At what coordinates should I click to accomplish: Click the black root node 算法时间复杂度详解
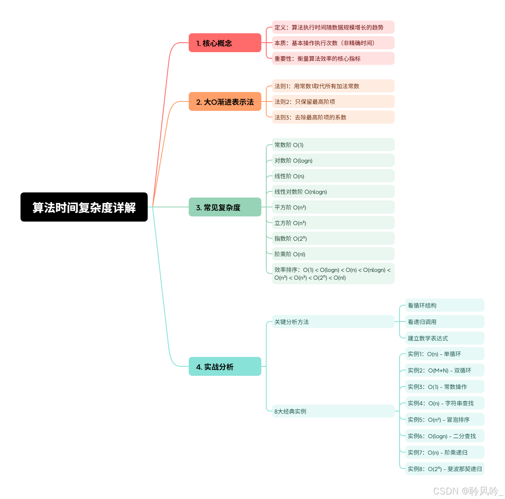pyautogui.click(x=84, y=207)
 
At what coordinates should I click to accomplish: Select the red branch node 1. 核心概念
pyautogui.click(x=225, y=43)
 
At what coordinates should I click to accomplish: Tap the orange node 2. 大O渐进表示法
pyautogui.click(x=225, y=101)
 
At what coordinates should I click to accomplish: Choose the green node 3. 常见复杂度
pyautogui.click(x=225, y=207)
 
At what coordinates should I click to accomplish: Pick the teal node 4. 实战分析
pyautogui.click(x=225, y=366)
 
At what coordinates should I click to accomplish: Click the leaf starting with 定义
pyautogui.click(x=333, y=27)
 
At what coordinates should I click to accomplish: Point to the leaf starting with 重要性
pyautogui.click(x=333, y=58)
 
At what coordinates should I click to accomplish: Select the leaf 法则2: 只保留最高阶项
pyautogui.click(x=333, y=101)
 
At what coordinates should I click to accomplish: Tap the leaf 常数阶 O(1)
pyautogui.click(x=333, y=145)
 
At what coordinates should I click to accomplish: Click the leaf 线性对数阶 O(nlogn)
pyautogui.click(x=333, y=191)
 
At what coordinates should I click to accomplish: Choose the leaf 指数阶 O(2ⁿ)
pyautogui.click(x=333, y=238)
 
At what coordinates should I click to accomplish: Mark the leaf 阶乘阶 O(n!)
pyautogui.click(x=333, y=254)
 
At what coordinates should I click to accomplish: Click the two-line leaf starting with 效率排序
pyautogui.click(x=333, y=274)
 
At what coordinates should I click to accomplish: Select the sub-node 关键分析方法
pyautogui.click(x=333, y=322)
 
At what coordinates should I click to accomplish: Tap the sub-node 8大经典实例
pyautogui.click(x=333, y=411)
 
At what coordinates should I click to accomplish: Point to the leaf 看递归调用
pyautogui.click(x=445, y=322)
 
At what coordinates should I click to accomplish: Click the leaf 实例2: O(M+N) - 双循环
pyautogui.click(x=445, y=370)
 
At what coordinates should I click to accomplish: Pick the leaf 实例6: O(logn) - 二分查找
pyautogui.click(x=445, y=436)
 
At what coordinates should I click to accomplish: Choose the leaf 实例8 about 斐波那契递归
pyautogui.click(x=445, y=469)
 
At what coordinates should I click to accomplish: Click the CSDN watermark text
pyautogui.click(x=468, y=491)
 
